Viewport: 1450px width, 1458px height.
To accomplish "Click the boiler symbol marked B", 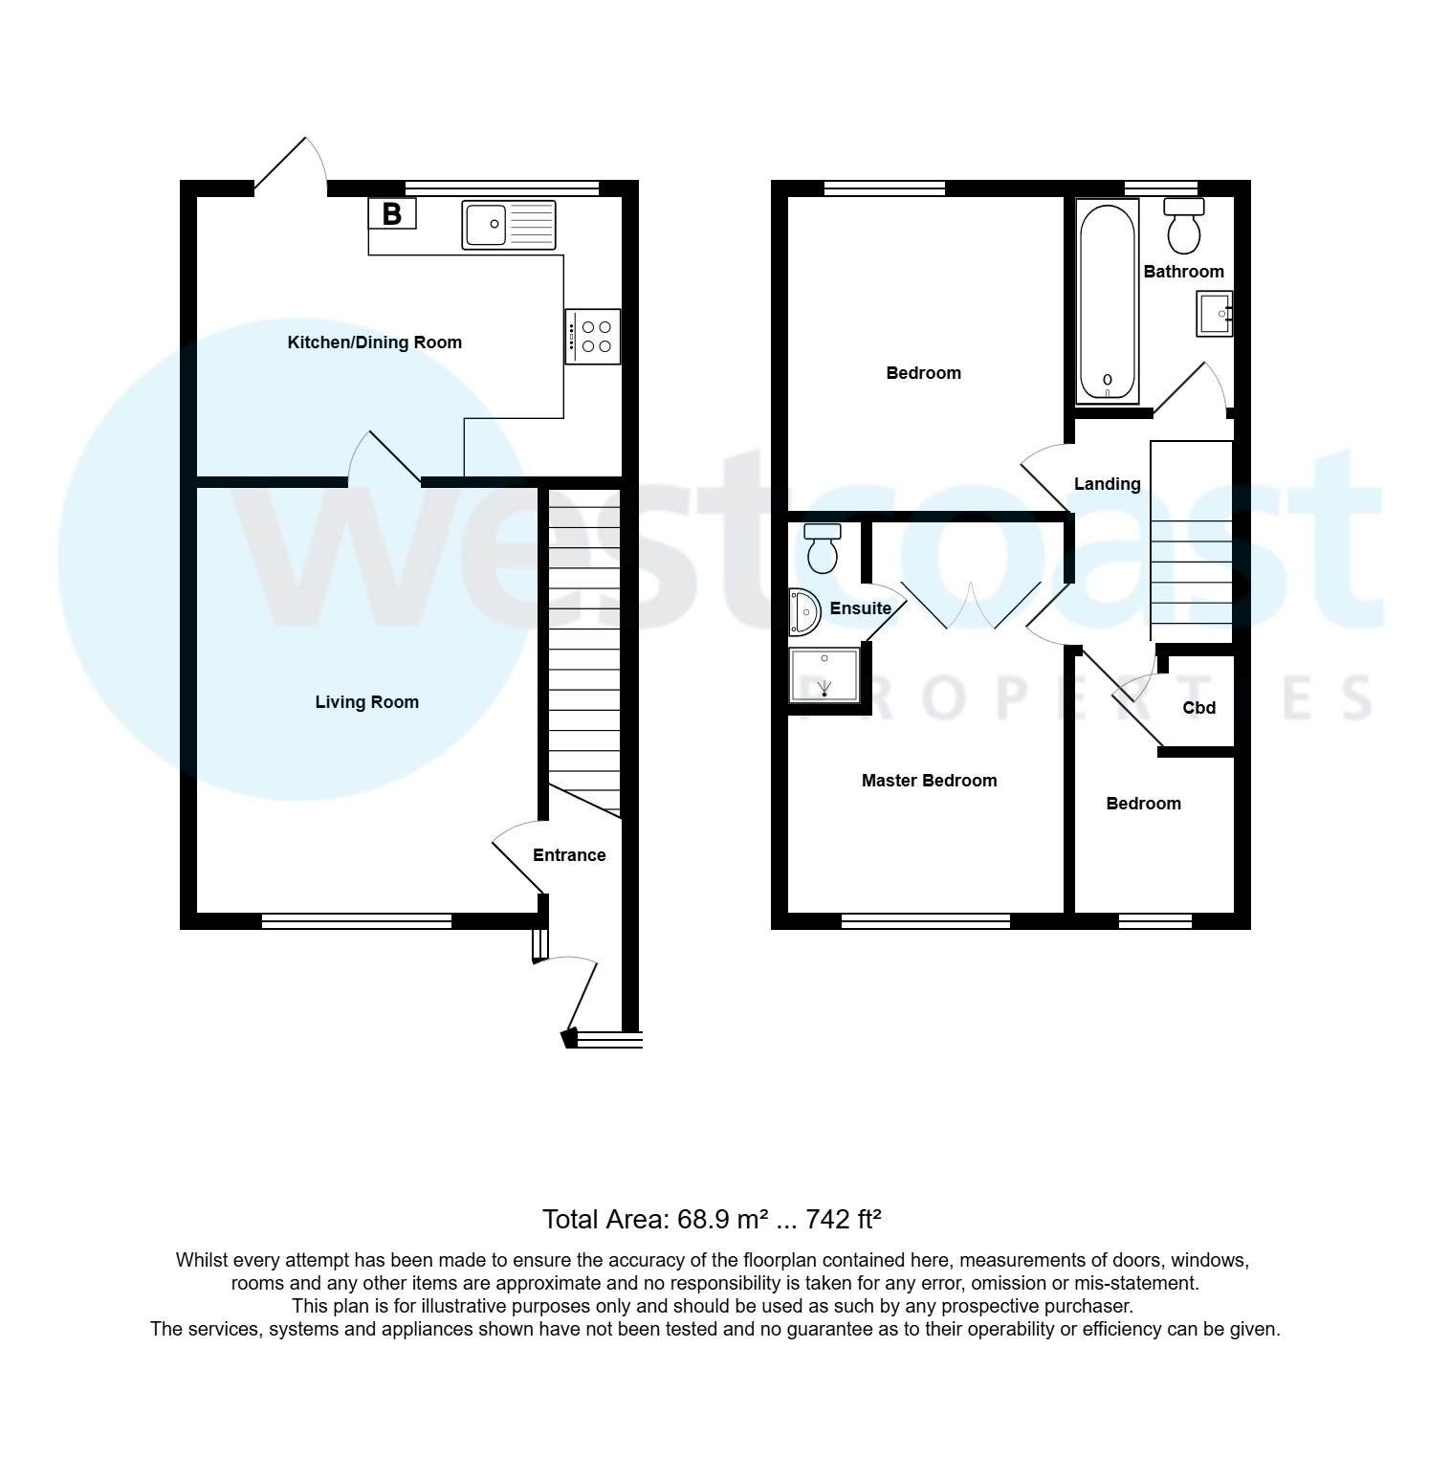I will click(x=392, y=213).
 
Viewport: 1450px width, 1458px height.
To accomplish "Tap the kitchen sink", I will click(x=508, y=225).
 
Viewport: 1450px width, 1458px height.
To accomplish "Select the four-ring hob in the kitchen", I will click(x=593, y=336).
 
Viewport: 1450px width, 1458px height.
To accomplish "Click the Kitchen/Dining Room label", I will click(x=374, y=342).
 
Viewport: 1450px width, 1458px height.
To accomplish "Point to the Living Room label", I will click(x=366, y=702).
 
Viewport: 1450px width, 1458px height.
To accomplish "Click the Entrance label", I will click(x=569, y=855).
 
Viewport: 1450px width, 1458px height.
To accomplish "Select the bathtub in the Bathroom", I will click(x=1107, y=302).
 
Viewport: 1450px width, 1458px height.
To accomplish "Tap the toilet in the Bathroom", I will click(x=1184, y=224).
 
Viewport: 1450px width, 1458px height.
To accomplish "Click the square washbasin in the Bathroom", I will click(x=1214, y=314).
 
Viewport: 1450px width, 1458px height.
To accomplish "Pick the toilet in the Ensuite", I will click(x=822, y=547).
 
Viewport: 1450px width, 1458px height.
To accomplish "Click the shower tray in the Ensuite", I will click(x=824, y=675).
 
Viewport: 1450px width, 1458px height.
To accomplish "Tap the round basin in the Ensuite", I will click(x=804, y=612).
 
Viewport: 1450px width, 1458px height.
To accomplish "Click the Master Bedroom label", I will click(x=929, y=781).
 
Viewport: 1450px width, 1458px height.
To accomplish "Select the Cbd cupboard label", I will click(x=1198, y=708).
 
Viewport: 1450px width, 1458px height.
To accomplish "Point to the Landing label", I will click(x=1107, y=484).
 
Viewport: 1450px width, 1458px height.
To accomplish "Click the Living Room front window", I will click(x=356, y=920).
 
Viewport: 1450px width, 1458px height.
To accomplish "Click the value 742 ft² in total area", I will click(x=843, y=1220).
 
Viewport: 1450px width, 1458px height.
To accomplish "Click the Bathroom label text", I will click(x=1183, y=272).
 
